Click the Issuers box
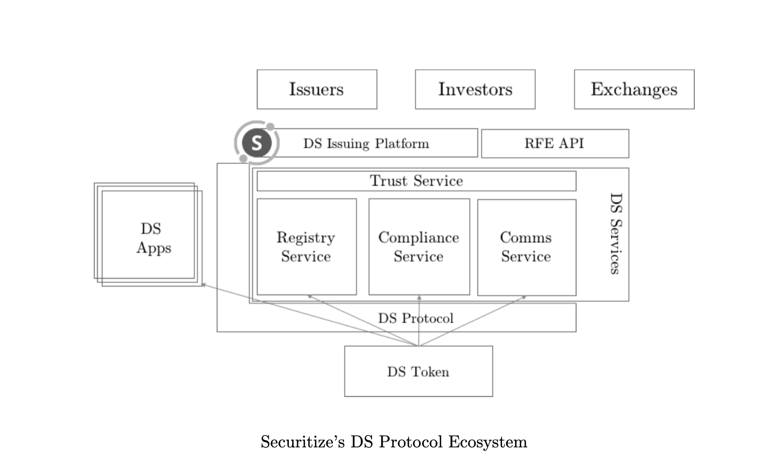316,89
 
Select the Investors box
475,89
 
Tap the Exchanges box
634,89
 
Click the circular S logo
257,143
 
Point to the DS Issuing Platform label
366,144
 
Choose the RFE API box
554,144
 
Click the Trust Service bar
416,181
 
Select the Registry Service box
306,246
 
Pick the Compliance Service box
419,246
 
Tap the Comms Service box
526,246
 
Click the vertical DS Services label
615,233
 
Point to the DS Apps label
153,238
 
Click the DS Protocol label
415,318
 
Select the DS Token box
418,372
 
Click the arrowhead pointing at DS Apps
203,285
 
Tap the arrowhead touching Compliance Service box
419,297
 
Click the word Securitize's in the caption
303,442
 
